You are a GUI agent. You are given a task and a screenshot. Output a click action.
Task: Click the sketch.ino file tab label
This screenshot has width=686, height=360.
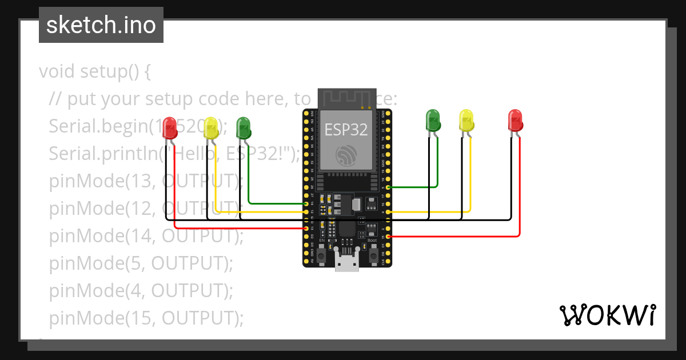pos(101,25)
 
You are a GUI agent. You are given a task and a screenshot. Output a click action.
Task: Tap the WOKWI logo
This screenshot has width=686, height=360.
pos(607,315)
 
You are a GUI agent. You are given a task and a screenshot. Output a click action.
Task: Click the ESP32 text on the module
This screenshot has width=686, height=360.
pos(346,129)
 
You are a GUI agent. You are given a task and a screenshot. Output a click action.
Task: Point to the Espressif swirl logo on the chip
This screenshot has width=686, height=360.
pos(346,155)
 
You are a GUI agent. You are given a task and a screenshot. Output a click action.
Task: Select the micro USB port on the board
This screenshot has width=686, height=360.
pos(347,263)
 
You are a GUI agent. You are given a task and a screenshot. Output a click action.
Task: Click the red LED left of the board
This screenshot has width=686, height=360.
pos(170,127)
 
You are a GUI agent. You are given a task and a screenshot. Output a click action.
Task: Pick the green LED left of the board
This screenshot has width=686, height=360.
pos(244,127)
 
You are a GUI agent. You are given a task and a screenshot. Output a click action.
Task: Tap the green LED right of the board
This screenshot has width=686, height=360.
pos(433,121)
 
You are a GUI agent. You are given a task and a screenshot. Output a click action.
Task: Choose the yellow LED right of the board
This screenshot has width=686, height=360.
pos(467,121)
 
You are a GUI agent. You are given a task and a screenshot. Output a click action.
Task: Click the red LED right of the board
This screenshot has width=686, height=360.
pos(516,121)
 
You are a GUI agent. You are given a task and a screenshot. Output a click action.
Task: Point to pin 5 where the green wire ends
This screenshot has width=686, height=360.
pos(389,187)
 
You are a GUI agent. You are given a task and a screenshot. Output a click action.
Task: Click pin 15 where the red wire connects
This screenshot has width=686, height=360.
pos(389,237)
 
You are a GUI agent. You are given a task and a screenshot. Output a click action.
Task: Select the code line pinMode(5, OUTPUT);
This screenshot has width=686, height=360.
pos(141,263)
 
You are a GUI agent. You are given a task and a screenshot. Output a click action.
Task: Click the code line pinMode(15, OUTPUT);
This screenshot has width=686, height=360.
pos(146,318)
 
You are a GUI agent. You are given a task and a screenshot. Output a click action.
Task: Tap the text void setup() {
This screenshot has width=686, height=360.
pos(95,72)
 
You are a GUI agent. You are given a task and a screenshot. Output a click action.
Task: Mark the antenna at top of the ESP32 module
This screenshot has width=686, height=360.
pos(346,98)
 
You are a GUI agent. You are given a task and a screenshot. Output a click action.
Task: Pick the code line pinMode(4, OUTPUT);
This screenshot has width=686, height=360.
pos(141,290)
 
